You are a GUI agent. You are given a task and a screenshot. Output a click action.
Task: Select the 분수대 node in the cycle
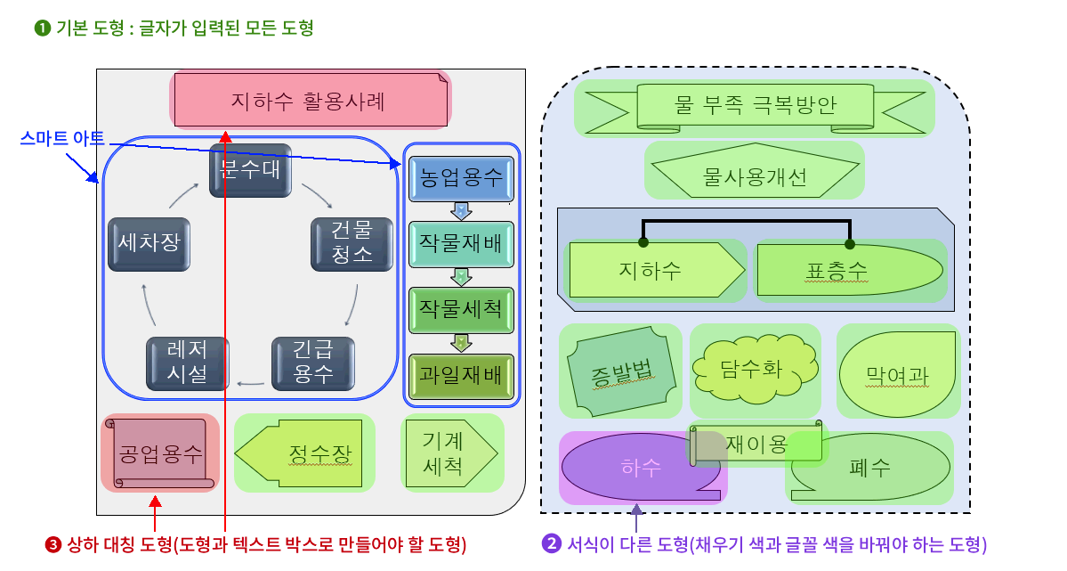point(250,170)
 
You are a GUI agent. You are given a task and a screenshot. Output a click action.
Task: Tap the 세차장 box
point(149,244)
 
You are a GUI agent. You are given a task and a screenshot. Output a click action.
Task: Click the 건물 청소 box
point(352,243)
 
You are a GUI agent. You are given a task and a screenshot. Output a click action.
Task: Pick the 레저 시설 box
point(188,363)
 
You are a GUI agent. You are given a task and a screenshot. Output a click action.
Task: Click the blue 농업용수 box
point(461,179)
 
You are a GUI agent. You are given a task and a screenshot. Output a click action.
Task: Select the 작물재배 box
point(461,244)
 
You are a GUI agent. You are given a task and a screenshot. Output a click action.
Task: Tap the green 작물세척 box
point(461,309)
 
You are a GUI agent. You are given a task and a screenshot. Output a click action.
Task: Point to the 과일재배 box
point(461,375)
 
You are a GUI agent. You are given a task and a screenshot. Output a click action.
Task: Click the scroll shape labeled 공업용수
point(160,453)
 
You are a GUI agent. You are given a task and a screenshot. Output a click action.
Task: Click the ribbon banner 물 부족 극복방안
point(755,107)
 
